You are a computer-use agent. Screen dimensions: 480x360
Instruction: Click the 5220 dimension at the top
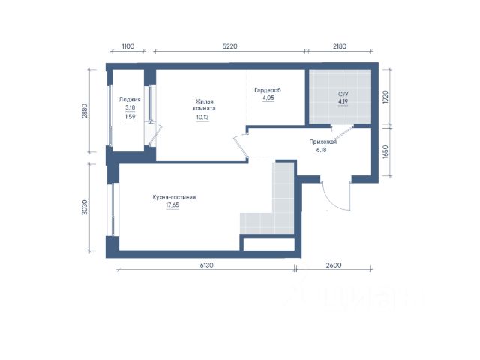pyautogui.click(x=230, y=46)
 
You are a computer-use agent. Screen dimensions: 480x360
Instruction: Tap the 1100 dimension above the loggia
pyautogui.click(x=128, y=46)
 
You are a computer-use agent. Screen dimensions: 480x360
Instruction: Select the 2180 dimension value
pyautogui.click(x=340, y=46)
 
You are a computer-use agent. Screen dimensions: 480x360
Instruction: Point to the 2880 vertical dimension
pyautogui.click(x=85, y=111)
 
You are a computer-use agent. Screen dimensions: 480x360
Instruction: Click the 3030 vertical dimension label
pyautogui.click(x=85, y=207)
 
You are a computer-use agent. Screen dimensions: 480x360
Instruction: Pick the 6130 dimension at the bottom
pyautogui.click(x=207, y=265)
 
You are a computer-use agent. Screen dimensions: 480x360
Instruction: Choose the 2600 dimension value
pyautogui.click(x=334, y=265)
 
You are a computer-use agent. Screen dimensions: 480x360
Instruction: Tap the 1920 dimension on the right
pyautogui.click(x=385, y=97)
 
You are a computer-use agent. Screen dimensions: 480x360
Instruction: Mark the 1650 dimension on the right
pyautogui.click(x=385, y=151)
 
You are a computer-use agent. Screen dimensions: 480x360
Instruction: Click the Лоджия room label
pyautogui.click(x=130, y=100)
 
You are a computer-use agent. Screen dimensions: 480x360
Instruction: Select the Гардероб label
pyautogui.click(x=268, y=90)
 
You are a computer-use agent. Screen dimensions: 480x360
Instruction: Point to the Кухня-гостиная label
pyautogui.click(x=174, y=197)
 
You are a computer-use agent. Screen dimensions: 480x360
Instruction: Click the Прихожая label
pyautogui.click(x=323, y=142)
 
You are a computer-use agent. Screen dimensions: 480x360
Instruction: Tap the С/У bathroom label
pyautogui.click(x=343, y=94)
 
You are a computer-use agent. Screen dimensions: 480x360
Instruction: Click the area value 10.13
pyautogui.click(x=202, y=117)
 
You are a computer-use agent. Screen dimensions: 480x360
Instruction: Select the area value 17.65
pyautogui.click(x=172, y=205)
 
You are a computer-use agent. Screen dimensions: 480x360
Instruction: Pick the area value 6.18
pyautogui.click(x=322, y=150)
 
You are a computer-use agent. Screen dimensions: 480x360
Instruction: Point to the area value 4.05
pyautogui.click(x=268, y=98)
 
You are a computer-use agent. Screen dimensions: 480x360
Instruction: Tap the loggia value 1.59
pyautogui.click(x=130, y=117)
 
